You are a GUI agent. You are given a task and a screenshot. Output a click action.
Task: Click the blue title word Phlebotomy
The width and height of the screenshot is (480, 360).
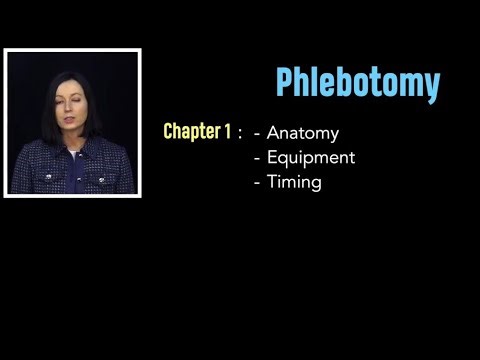[357, 84]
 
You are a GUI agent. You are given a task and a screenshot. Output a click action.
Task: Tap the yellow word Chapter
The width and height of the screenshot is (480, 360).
[191, 131]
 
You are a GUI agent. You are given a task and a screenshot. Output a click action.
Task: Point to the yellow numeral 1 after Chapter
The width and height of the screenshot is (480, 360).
[227, 131]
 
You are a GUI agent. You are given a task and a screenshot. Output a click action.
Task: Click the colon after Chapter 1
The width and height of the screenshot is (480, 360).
[240, 133]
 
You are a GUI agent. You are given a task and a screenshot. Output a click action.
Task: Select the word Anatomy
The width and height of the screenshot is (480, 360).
[303, 132]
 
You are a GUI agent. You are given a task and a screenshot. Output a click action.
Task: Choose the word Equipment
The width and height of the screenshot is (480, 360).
[311, 158]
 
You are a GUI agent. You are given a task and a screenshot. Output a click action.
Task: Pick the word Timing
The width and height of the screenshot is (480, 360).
[294, 183]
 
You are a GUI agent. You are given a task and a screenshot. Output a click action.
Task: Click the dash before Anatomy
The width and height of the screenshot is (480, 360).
[258, 133]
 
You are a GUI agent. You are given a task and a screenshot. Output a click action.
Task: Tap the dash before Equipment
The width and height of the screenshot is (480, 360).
[258, 158]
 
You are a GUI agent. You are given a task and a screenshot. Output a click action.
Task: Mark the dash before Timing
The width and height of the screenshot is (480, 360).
[258, 183]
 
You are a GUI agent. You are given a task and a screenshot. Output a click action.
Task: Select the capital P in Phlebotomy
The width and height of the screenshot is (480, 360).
[285, 84]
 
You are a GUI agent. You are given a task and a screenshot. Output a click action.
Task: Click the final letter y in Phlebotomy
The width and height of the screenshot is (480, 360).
[431, 87]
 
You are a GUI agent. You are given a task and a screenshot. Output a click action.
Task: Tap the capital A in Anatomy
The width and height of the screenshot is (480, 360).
[274, 132]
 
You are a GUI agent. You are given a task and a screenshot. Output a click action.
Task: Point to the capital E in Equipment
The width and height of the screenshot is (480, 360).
[273, 157]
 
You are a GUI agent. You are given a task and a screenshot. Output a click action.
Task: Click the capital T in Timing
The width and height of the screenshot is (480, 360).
[272, 182]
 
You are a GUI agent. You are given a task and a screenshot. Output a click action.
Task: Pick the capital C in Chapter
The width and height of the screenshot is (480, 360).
[169, 131]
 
